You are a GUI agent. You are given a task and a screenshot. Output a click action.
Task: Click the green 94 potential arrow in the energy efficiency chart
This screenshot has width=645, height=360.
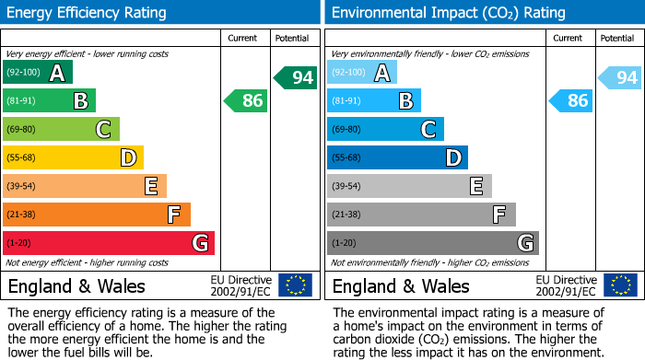(x=296, y=78)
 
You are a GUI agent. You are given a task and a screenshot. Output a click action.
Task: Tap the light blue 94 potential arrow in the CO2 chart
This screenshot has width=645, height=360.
(x=620, y=78)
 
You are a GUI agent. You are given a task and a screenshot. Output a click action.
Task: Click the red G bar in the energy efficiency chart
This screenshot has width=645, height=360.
(x=109, y=243)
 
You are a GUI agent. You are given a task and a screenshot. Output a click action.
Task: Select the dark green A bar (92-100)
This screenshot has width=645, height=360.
(x=38, y=73)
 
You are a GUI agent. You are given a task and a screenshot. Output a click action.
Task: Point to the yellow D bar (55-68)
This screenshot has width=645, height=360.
(x=73, y=158)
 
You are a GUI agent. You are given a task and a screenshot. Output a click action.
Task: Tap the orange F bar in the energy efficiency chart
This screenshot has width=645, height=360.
(x=97, y=215)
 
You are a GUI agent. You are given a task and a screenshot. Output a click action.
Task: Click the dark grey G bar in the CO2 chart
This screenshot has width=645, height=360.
(x=432, y=243)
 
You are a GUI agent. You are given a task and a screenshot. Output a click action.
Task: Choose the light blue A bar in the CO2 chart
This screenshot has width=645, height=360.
(x=362, y=73)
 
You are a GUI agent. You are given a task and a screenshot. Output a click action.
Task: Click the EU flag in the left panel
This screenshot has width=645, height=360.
(x=295, y=285)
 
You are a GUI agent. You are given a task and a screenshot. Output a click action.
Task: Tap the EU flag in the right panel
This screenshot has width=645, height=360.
(x=619, y=285)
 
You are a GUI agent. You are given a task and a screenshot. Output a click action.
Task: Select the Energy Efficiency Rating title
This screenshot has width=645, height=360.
(x=88, y=13)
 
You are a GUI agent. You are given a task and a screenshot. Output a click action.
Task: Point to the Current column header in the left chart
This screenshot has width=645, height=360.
(x=244, y=38)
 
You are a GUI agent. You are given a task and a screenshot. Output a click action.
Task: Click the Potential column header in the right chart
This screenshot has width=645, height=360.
(x=617, y=38)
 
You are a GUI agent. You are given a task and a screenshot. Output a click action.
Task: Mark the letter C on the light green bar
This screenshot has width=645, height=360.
(x=103, y=130)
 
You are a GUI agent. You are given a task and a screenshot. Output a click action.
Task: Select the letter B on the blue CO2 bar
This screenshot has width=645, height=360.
(x=405, y=101)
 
